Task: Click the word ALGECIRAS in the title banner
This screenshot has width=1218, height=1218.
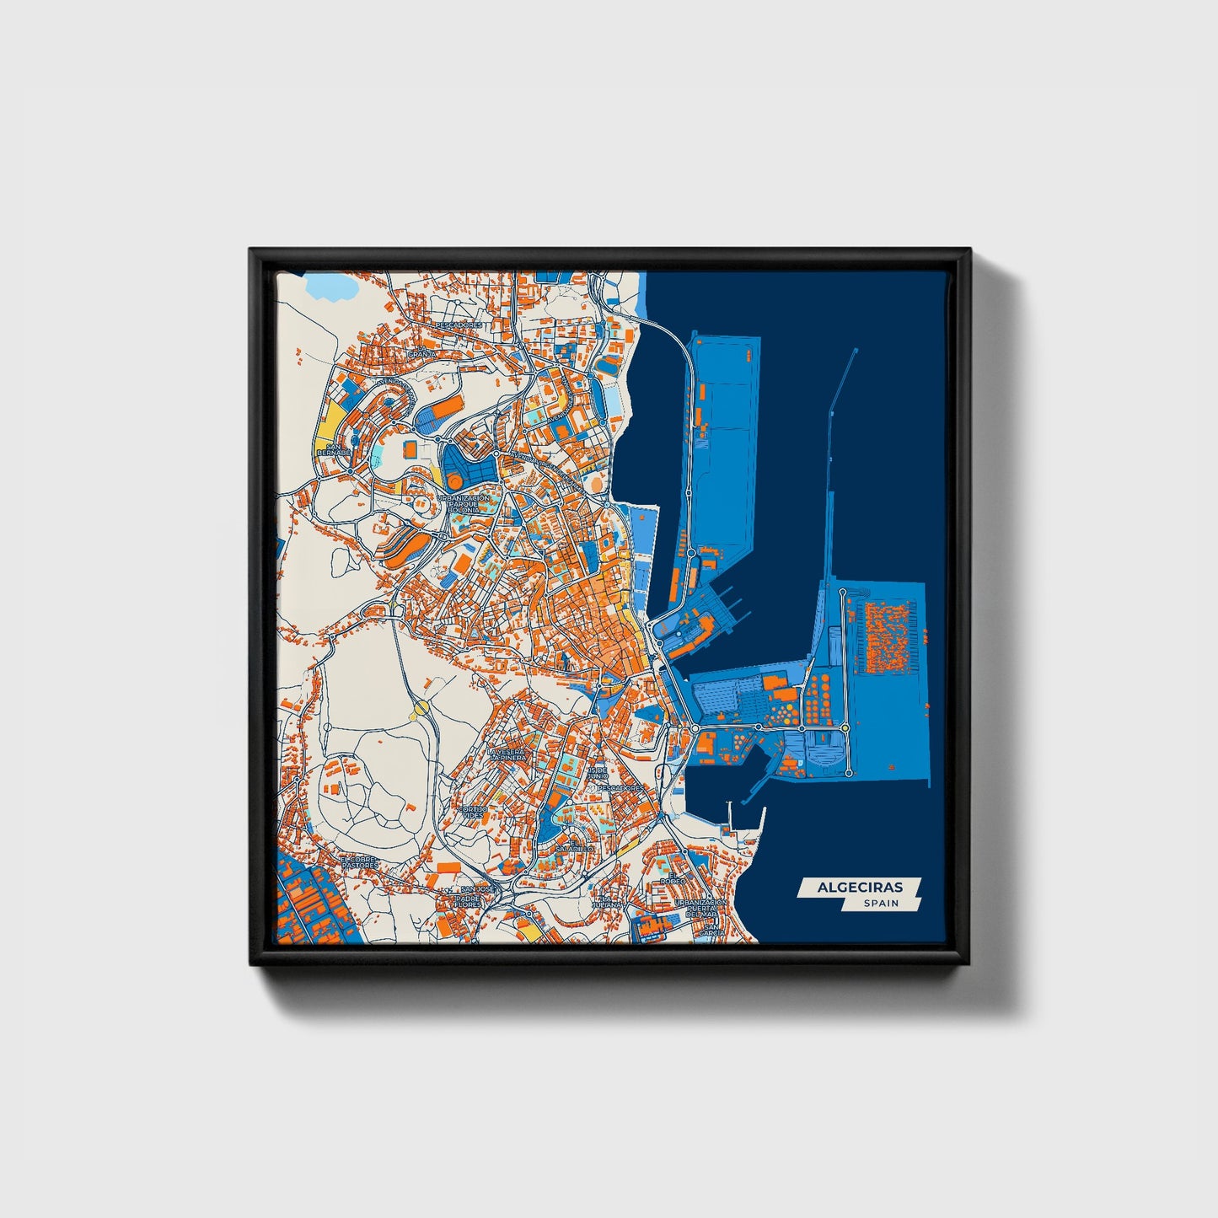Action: pyautogui.click(x=859, y=887)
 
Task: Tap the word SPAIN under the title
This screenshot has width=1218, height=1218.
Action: pyautogui.click(x=881, y=903)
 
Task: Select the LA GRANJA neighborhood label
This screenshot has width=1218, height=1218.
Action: pyautogui.click(x=421, y=353)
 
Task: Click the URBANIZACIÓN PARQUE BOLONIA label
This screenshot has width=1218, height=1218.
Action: pyautogui.click(x=463, y=504)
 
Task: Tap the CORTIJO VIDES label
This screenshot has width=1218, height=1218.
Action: pyautogui.click(x=472, y=812)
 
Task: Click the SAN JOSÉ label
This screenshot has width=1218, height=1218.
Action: pyautogui.click(x=478, y=889)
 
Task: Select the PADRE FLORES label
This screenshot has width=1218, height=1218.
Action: pyautogui.click(x=468, y=901)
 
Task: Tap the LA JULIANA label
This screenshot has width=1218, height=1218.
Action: pyautogui.click(x=607, y=901)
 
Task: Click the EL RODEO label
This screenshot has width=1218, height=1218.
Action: pyautogui.click(x=672, y=880)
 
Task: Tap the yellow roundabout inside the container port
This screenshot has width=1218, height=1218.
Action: pyautogui.click(x=845, y=727)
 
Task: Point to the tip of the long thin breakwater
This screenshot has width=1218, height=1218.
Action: pyautogui.click(x=856, y=350)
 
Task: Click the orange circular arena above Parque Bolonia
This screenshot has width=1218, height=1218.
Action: pyautogui.click(x=454, y=481)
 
